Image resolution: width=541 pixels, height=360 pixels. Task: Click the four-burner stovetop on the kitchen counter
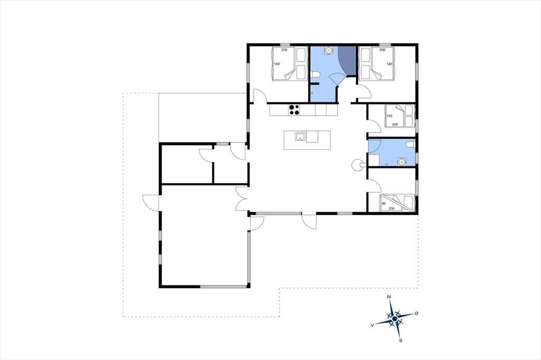pos(294,110)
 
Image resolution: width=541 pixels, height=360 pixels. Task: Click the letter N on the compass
pos(389,297)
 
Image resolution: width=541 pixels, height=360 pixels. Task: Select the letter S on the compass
pos(400,340)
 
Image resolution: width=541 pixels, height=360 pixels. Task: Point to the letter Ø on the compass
pos(416,313)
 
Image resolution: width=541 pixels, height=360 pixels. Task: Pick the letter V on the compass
pos(372,325)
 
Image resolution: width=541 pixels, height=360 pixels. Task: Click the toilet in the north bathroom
pos(315,74)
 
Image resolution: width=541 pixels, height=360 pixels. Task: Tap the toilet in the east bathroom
pos(410,144)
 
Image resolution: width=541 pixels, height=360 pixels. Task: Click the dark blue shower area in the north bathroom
pos(347,61)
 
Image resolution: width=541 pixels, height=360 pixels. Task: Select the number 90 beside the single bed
pos(384,203)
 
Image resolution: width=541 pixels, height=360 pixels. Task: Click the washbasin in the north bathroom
pos(329,50)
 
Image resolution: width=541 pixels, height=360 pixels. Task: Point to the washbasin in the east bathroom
pos(402,162)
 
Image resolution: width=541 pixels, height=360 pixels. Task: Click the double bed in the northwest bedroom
pos(290,64)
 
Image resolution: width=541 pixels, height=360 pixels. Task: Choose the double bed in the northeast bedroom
pos(376,64)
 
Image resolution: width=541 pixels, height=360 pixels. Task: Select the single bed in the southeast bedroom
pos(397,203)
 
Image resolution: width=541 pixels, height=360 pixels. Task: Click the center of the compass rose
pos(394,319)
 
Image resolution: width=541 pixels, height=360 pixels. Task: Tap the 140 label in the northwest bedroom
pos(277,64)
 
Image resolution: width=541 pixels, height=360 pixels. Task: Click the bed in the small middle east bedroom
pos(399,116)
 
